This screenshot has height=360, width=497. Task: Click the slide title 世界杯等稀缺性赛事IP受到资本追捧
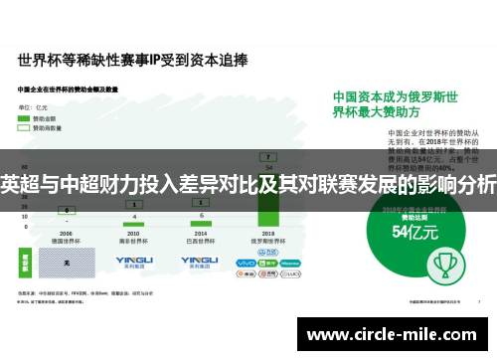128,61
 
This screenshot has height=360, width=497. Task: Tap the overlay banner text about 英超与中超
248,185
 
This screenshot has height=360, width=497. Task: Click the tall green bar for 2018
268,189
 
